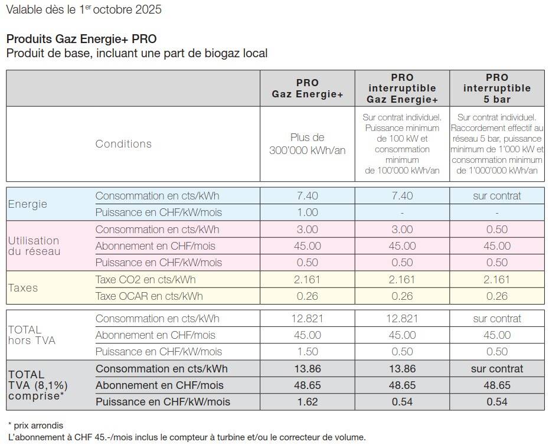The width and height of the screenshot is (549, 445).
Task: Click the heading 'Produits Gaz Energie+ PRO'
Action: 81,39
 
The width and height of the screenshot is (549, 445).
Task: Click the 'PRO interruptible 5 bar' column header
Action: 496,88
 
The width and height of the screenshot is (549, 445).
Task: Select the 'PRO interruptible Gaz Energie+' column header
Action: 402,88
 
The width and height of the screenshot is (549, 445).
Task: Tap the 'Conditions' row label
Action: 123,144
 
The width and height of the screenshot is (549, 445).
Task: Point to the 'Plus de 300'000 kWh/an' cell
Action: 307,144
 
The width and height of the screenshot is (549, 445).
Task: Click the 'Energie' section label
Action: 27,204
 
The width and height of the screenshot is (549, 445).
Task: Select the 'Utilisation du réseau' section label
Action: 34,246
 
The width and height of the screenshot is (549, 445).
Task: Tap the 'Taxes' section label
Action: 23,288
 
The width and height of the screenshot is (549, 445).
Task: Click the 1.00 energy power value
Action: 307,212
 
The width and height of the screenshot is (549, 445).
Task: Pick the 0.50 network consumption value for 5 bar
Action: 496,230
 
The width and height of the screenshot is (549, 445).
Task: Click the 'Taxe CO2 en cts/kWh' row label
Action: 145,280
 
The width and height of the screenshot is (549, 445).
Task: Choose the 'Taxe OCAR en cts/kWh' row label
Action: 149,296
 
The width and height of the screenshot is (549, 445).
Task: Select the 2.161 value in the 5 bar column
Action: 496,280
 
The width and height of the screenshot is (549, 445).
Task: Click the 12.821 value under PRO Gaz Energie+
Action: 307,319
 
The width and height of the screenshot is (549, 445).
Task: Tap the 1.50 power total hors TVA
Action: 307,352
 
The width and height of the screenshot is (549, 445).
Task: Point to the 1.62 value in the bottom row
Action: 307,402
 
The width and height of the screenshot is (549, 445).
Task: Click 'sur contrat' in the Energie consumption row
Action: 496,196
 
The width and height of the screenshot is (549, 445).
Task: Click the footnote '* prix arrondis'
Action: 35,425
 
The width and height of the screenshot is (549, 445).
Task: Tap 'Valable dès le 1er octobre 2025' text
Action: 83,9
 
